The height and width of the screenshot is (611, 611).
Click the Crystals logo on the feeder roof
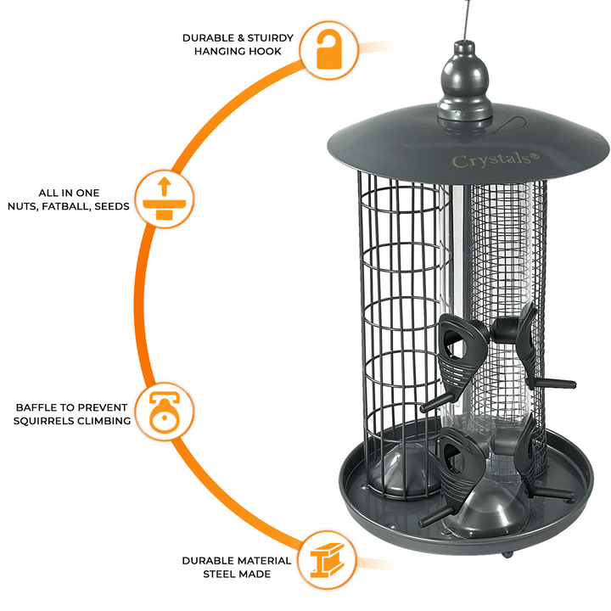(483, 160)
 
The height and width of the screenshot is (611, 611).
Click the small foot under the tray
(506, 556)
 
